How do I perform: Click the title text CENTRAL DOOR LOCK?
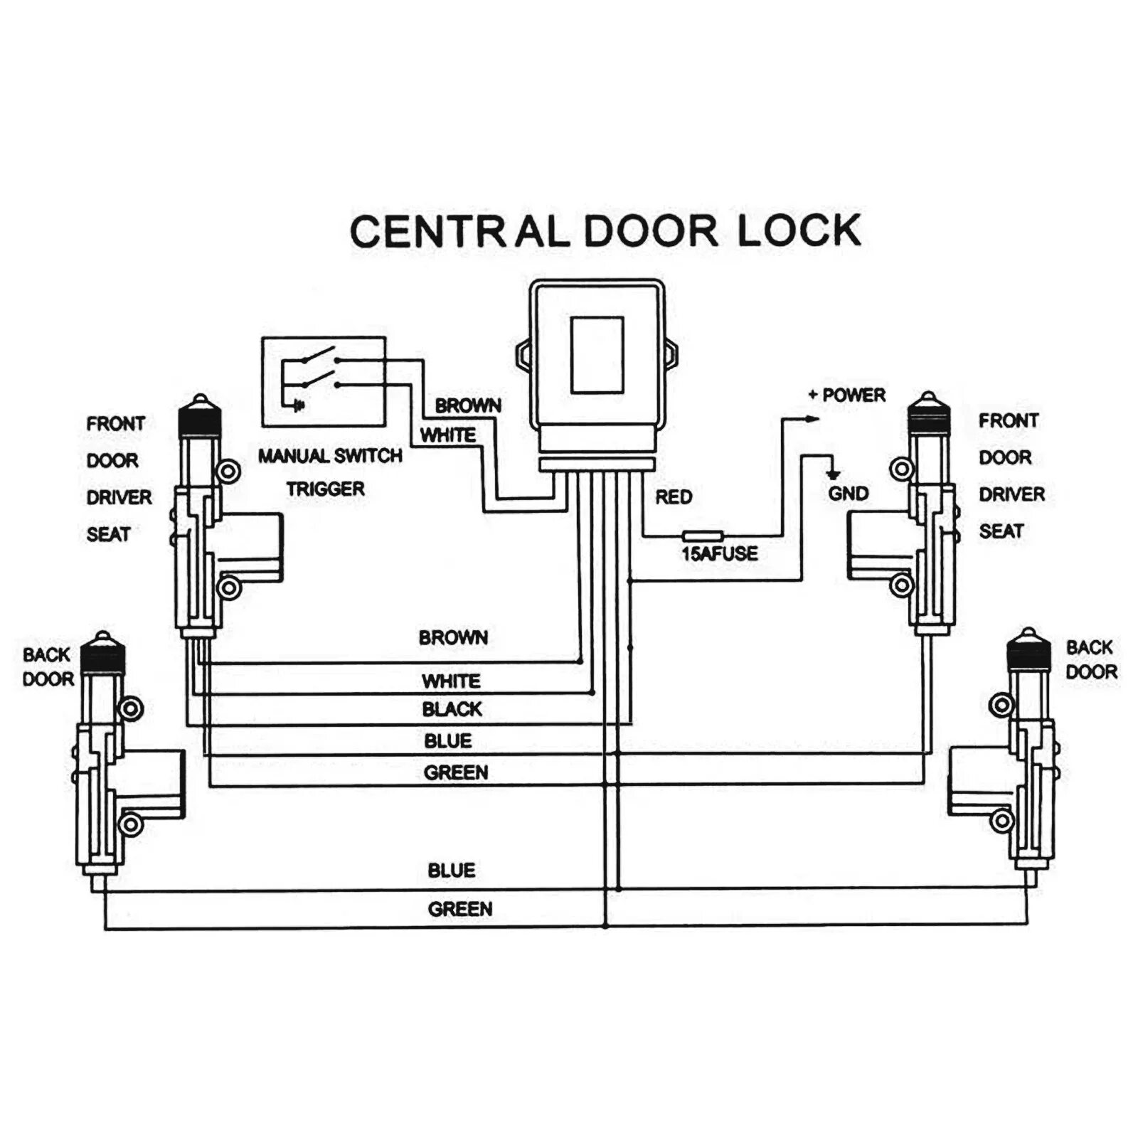605,231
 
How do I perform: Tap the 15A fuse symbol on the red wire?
702,536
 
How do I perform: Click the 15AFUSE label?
719,553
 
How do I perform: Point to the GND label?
848,494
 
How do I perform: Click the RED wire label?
674,497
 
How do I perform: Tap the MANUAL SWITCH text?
330,456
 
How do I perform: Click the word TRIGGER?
326,489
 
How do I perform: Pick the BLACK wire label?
452,709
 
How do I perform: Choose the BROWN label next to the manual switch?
468,406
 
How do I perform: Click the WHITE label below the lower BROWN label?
451,681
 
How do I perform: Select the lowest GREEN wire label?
459,909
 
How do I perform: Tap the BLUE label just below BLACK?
448,741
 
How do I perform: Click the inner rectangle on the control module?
597,354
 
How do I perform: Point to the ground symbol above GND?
833,474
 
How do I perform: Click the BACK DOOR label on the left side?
48,667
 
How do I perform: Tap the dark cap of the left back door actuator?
102,660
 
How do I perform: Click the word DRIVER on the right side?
1011,494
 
